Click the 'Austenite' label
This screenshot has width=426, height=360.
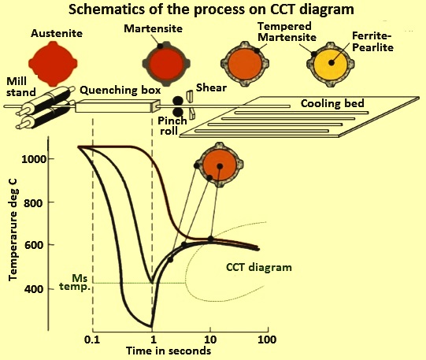(x=57, y=33)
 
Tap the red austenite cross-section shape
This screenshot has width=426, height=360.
(x=53, y=64)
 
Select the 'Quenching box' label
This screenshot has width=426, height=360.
(x=120, y=91)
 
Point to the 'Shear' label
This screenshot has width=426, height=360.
(x=211, y=87)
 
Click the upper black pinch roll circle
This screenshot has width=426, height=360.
(x=178, y=101)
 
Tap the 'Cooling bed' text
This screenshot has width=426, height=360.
(x=332, y=103)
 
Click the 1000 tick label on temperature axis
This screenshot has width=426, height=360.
(x=34, y=159)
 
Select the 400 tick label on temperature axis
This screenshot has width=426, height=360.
(x=34, y=289)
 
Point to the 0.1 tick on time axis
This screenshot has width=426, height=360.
(x=92, y=340)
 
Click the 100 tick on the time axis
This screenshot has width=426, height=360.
(x=267, y=340)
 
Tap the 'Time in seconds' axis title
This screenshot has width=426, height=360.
(x=169, y=351)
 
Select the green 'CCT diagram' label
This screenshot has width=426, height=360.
(x=259, y=267)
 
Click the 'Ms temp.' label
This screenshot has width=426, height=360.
(x=76, y=283)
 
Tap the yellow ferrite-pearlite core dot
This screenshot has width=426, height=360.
(x=332, y=63)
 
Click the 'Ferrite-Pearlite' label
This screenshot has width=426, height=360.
(x=372, y=42)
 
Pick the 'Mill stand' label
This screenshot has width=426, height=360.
(x=20, y=87)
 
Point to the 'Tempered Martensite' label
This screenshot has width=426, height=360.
(x=287, y=32)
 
